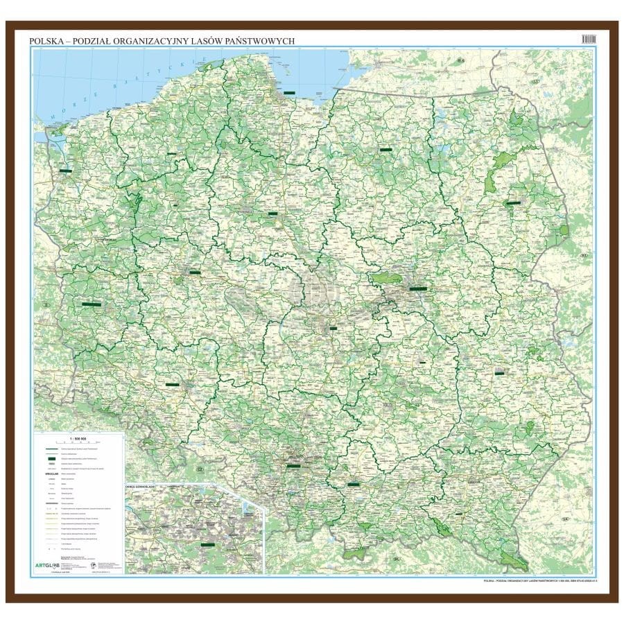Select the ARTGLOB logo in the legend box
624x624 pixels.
(53, 564)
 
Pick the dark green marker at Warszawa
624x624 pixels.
(418, 288)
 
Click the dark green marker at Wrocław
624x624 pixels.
(173, 383)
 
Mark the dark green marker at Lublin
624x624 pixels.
(499, 373)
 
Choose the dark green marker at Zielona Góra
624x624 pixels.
(91, 304)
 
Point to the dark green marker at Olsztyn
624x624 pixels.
(385, 148)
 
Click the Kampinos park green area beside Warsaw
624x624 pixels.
(385, 278)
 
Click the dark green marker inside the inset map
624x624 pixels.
(206, 544)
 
